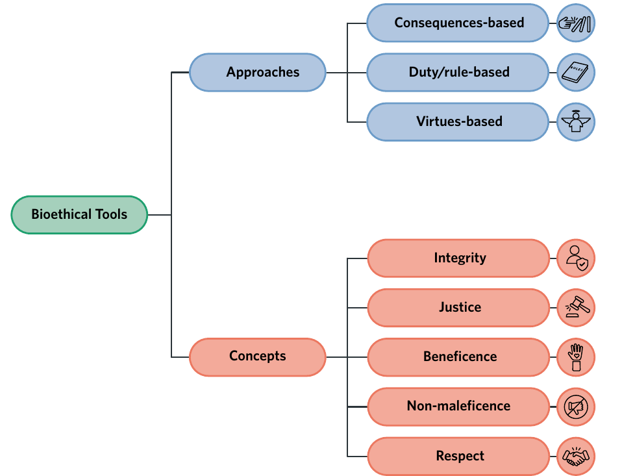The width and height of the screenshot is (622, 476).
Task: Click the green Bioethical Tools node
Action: (x=79, y=214)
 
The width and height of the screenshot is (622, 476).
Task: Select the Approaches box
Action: (x=258, y=72)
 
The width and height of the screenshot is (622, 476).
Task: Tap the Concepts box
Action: (x=258, y=357)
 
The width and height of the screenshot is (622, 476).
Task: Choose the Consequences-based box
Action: (x=458, y=23)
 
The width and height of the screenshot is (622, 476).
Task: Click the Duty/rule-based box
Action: (x=458, y=73)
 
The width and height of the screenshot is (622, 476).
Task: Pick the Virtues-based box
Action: (x=458, y=122)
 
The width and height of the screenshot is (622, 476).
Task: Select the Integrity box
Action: (x=458, y=258)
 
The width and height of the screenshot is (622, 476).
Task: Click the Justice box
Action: (x=458, y=308)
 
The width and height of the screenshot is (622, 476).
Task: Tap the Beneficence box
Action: (x=458, y=357)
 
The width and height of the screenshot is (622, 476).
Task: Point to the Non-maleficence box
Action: (x=458, y=407)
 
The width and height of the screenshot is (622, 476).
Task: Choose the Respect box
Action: (x=458, y=456)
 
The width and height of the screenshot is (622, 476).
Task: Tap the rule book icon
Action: (x=576, y=73)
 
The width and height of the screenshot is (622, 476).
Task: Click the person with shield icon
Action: (x=576, y=258)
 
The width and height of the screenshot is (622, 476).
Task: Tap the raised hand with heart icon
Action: (x=576, y=357)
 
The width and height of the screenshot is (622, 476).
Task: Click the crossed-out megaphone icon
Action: (x=576, y=407)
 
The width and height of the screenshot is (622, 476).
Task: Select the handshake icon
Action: (x=576, y=456)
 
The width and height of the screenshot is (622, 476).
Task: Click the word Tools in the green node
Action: (x=112, y=214)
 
